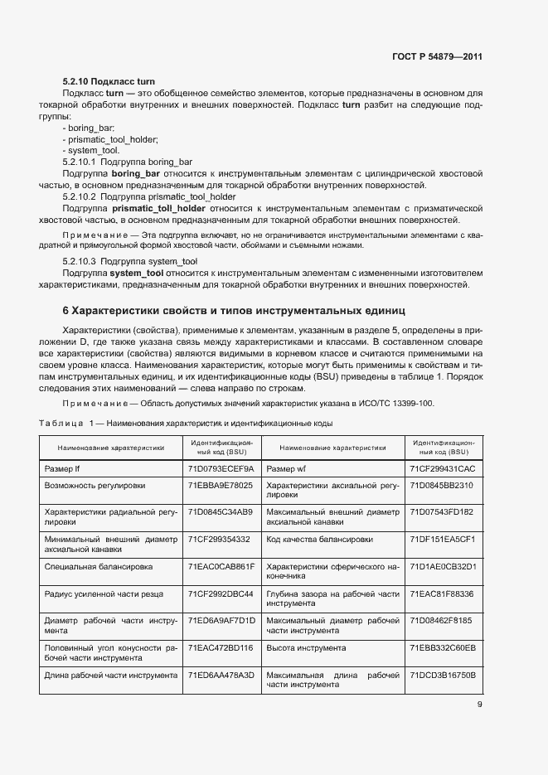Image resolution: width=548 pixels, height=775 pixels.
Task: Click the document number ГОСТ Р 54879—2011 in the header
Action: pyautogui.click(x=437, y=57)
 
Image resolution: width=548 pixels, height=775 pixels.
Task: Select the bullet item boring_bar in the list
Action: pyautogui.click(x=89, y=128)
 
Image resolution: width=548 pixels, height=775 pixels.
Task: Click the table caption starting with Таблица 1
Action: pyautogui.click(x=186, y=424)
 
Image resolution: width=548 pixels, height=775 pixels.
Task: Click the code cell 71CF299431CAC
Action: pyautogui.click(x=443, y=469)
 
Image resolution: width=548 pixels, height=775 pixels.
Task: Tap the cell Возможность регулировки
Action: pyautogui.click(x=95, y=485)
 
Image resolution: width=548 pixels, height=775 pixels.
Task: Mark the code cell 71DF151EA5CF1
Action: pyautogui.click(x=443, y=539)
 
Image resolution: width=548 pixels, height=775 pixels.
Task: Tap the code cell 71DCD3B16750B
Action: pyautogui.click(x=443, y=675)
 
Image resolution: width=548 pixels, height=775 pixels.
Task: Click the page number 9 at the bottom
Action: pyautogui.click(x=479, y=705)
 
